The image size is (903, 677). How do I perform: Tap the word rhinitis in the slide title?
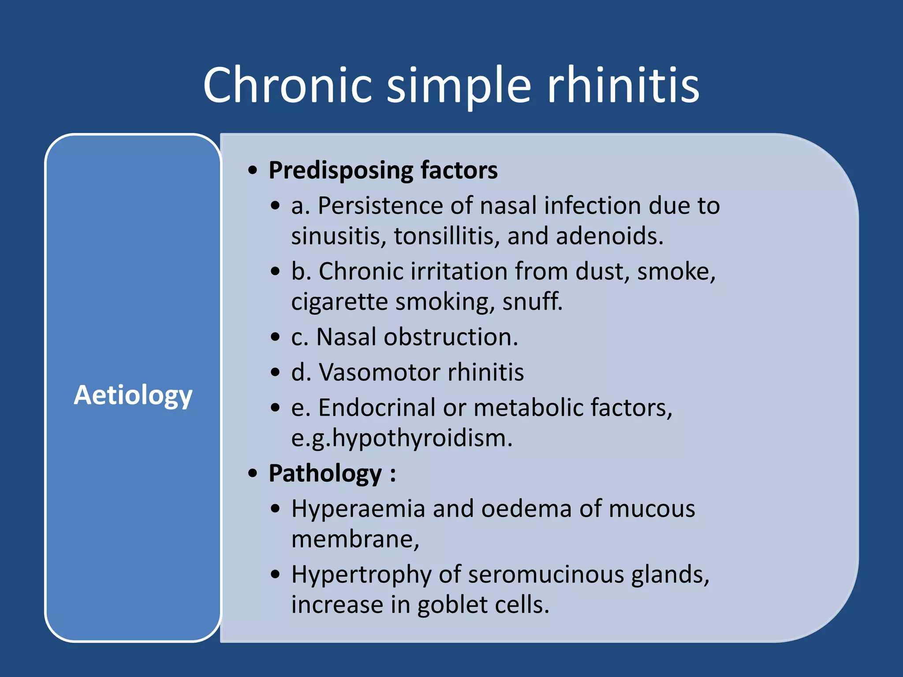pos(623,85)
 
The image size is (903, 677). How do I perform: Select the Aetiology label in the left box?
pos(133,395)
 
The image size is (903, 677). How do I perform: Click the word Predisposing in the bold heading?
pos(341,171)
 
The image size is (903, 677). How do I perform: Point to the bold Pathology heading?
pos(325,474)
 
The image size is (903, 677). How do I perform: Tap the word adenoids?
pos(609,236)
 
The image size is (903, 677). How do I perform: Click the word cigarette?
pos(339,302)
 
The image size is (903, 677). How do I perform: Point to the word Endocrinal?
pos(377,408)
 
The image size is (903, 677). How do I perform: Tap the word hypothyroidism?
pos(422,439)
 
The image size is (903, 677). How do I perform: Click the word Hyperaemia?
pos(358,509)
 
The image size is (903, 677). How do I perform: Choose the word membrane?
pos(354,539)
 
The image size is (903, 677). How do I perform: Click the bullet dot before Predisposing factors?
pos(252,171)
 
